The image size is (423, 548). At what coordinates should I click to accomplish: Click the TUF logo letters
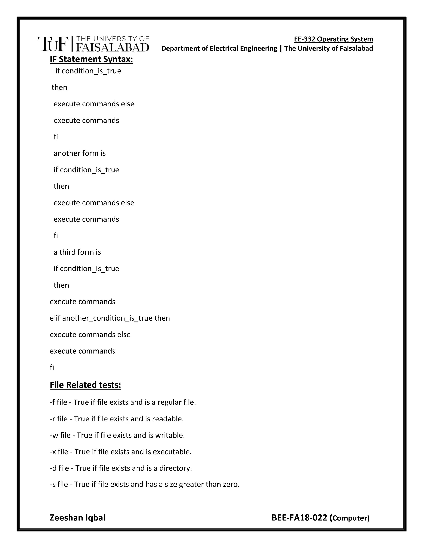53,44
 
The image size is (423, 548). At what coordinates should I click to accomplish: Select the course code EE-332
304,39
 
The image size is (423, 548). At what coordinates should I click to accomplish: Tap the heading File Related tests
85,385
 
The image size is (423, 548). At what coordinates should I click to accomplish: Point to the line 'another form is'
80,153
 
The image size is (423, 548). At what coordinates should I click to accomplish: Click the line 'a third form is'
77,252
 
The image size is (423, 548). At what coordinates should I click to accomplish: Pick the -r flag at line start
52,419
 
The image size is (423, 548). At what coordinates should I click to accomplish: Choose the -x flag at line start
53,452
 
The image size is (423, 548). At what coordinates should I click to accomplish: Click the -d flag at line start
53,468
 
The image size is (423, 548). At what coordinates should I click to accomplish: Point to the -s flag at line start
52,484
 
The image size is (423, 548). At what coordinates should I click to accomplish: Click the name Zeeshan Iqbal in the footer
77,518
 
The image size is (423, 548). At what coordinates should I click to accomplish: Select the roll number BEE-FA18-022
299,518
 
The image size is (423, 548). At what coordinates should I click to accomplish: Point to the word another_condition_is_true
107,318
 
